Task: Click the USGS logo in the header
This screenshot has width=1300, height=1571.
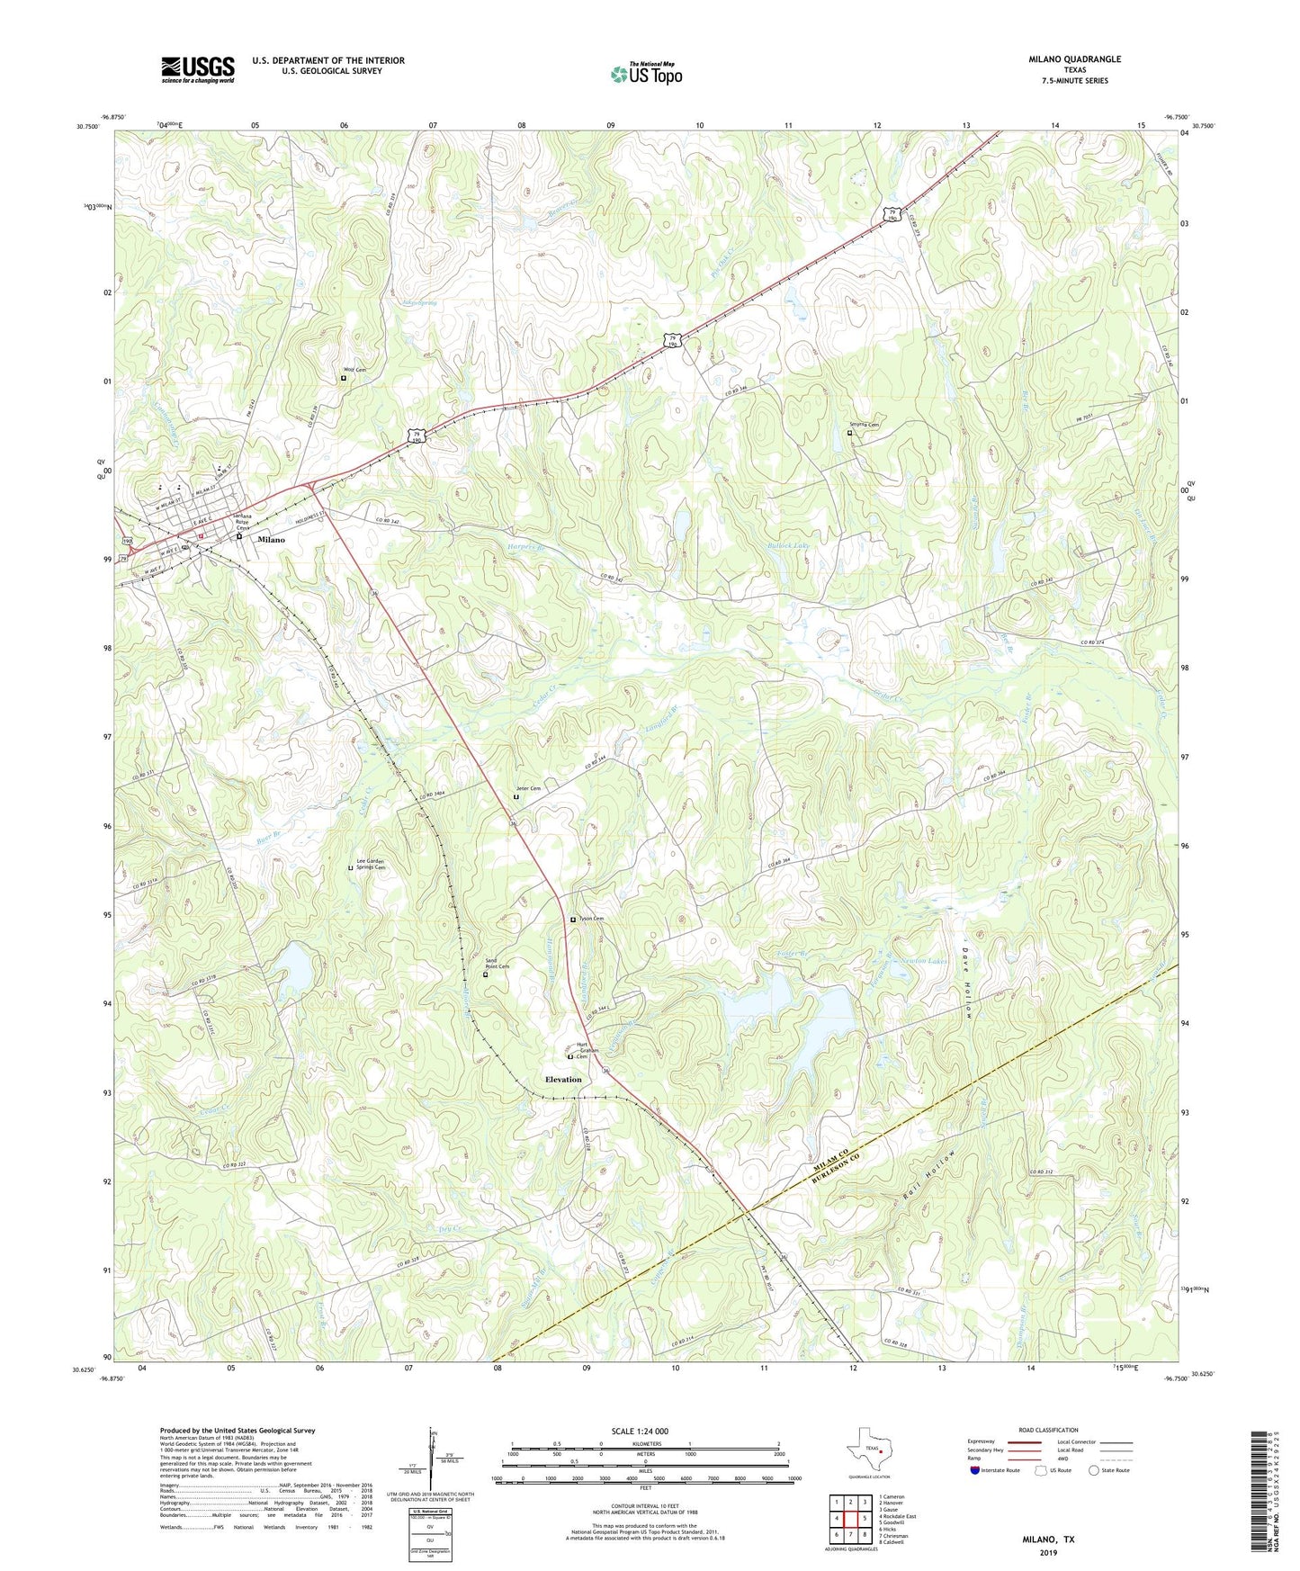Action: pos(198,69)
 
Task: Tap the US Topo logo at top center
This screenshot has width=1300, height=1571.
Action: pos(646,74)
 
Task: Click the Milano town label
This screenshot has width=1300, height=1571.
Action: pos(271,540)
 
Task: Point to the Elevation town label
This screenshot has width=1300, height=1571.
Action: pos(563,1079)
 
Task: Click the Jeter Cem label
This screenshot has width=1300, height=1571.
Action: pos(528,789)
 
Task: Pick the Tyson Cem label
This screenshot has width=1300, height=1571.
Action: pos(590,919)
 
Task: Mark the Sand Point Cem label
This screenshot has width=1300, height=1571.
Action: pos(498,964)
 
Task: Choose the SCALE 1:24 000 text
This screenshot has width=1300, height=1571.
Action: pos(640,1431)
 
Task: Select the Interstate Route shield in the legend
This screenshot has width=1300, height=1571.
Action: pos(975,1471)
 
